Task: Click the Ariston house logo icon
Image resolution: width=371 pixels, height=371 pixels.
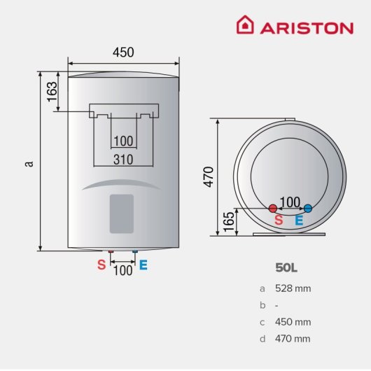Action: click(246, 26)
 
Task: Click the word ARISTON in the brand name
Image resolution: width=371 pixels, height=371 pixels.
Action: click(307, 27)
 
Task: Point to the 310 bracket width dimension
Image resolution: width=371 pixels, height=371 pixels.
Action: click(123, 160)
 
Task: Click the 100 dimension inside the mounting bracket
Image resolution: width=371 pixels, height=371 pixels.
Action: click(123, 141)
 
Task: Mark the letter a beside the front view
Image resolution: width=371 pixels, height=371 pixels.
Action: click(29, 163)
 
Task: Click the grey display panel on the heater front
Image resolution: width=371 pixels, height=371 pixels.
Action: click(122, 213)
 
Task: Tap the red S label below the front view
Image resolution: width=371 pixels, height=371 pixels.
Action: click(101, 265)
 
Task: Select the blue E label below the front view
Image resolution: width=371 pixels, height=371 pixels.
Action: click(143, 265)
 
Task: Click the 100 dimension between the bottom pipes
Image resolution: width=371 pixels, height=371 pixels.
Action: click(122, 269)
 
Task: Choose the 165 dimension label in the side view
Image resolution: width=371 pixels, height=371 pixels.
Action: click(229, 221)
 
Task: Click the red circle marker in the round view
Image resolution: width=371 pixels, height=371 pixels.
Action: click(273, 208)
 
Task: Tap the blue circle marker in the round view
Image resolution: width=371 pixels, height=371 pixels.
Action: click(307, 208)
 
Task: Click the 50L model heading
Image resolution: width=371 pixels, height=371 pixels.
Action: click(286, 267)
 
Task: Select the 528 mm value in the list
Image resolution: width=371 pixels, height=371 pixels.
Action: click(294, 288)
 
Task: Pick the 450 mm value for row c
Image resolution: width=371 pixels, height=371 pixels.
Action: click(294, 321)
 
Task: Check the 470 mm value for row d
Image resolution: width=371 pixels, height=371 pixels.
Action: click(294, 338)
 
